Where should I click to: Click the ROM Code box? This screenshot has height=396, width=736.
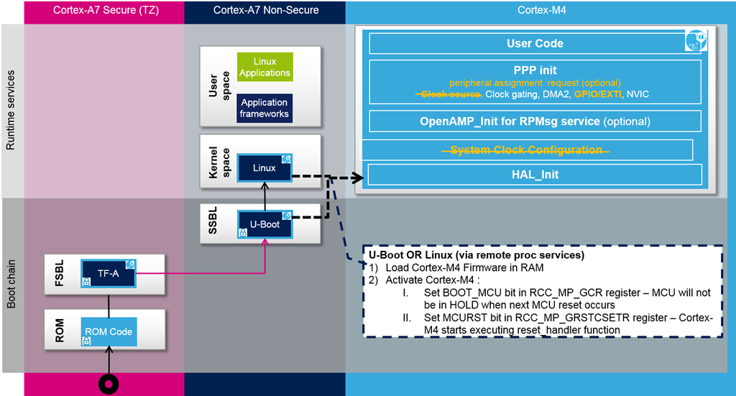pyautogui.click(x=109, y=332)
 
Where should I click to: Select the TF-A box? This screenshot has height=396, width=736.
pyautogui.click(x=109, y=274)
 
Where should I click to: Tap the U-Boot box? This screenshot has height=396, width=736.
pyautogui.click(x=264, y=224)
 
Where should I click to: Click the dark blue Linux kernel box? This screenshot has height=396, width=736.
pyautogui.click(x=264, y=167)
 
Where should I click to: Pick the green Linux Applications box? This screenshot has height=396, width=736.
pyautogui.click(x=264, y=67)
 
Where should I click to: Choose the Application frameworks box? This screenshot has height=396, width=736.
pyautogui.click(x=264, y=108)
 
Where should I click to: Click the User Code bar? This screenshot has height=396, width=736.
pyautogui.click(x=535, y=44)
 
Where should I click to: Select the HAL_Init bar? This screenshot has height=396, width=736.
pyautogui.click(x=535, y=175)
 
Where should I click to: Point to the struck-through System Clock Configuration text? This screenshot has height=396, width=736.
pyautogui.click(x=525, y=150)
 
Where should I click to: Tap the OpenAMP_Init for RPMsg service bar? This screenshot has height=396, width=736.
pyautogui.click(x=535, y=121)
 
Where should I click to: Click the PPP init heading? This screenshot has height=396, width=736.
pyautogui.click(x=535, y=70)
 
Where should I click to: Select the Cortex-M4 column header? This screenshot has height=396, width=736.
pyautogui.click(x=541, y=10)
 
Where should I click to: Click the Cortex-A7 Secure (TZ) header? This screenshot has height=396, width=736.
pyautogui.click(x=106, y=10)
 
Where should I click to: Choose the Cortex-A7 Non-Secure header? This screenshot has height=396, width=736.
pyautogui.click(x=266, y=10)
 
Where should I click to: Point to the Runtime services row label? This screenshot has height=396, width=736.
pyautogui.click(x=10, y=110)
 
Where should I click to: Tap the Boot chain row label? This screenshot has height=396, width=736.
pyautogui.click(x=11, y=284)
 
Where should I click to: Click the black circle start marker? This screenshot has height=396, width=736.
pyautogui.click(x=109, y=385)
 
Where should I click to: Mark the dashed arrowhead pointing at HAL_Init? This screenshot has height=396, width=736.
pyautogui.click(x=358, y=178)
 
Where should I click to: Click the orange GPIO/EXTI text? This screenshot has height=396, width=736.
pyautogui.click(x=597, y=94)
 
